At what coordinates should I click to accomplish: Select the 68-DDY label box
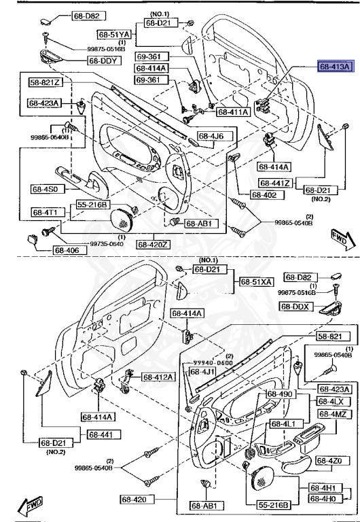[x=102, y=60]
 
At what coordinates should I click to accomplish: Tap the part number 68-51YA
[x=113, y=33]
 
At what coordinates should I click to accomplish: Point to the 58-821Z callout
[x=45, y=82]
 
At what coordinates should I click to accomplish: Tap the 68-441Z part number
[x=275, y=184]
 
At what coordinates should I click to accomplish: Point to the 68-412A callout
[x=158, y=377]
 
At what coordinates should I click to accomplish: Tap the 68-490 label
[x=279, y=394]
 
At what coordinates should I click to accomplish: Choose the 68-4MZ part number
[x=332, y=414]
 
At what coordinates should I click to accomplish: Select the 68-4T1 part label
[x=45, y=212]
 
